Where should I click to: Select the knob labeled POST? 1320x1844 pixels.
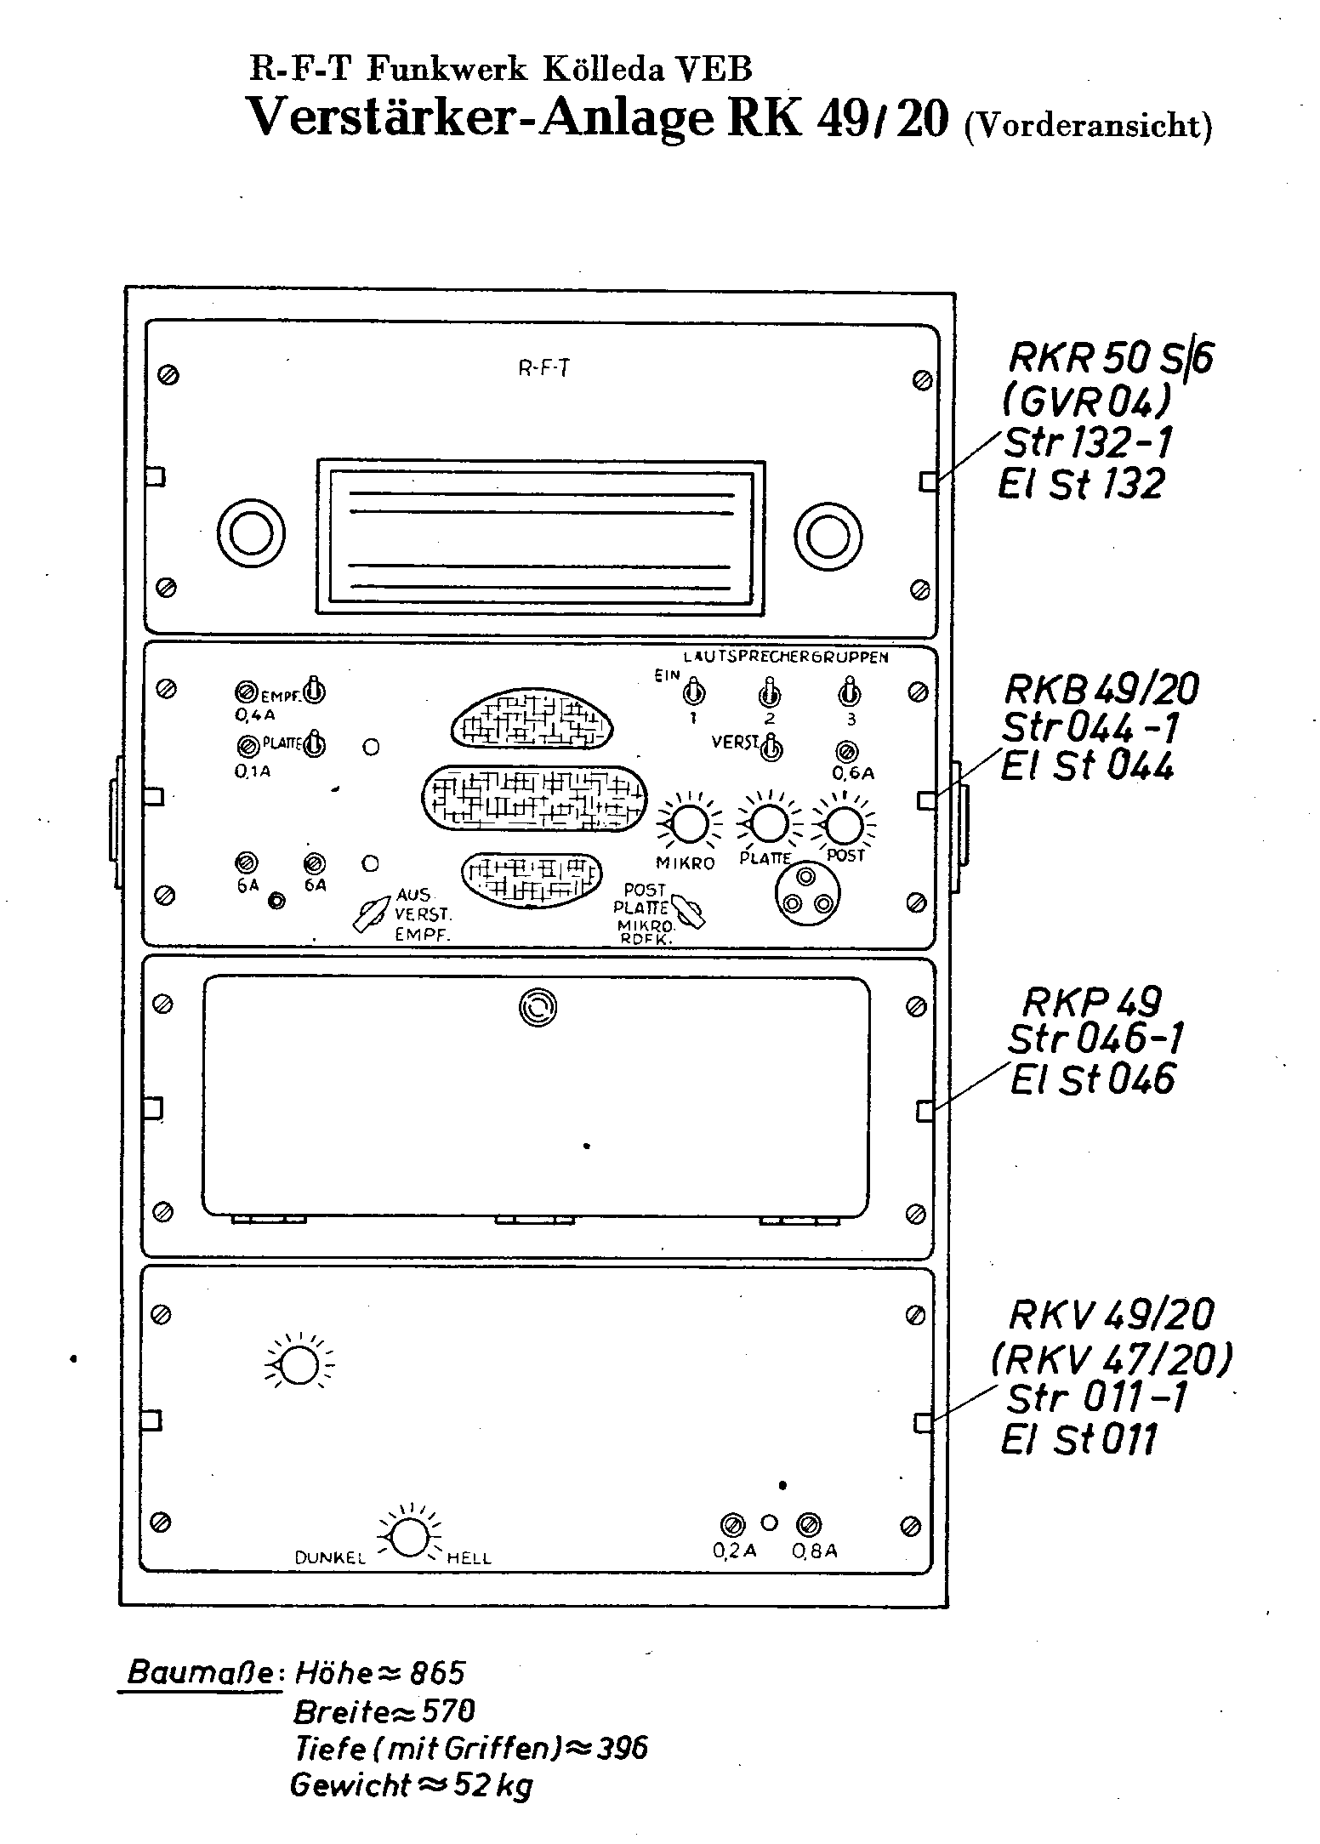pyautogui.click(x=843, y=822)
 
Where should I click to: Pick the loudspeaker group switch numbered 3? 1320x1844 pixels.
pyautogui.click(x=849, y=692)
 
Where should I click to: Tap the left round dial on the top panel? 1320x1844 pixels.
pyautogui.click(x=251, y=536)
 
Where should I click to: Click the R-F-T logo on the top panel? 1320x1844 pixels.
pyautogui.click(x=544, y=369)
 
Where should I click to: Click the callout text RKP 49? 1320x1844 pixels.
pyautogui.click(x=1091, y=1002)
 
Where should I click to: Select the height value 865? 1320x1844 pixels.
pyautogui.click(x=438, y=1673)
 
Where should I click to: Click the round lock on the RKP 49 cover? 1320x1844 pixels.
pyautogui.click(x=537, y=1009)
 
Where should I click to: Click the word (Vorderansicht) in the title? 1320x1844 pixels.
pyautogui.click(x=1088, y=125)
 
